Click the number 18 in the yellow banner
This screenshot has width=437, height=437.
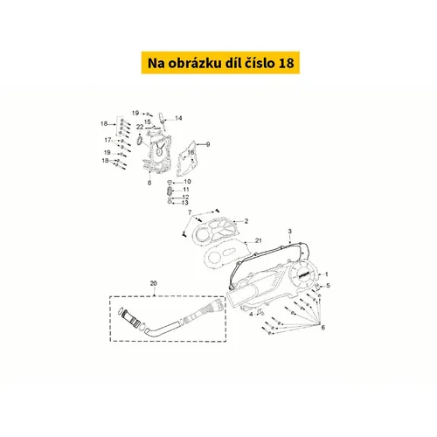coord(287,63)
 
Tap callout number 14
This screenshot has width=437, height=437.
coord(178,118)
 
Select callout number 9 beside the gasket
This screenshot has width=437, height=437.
coord(208,144)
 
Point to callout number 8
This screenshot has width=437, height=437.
coord(149,183)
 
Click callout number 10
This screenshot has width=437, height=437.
coord(187,182)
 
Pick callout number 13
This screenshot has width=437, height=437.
coord(185,203)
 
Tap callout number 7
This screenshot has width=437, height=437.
coord(190,212)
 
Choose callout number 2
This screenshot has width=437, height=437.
coord(246,221)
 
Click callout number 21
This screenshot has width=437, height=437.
coord(259,240)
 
